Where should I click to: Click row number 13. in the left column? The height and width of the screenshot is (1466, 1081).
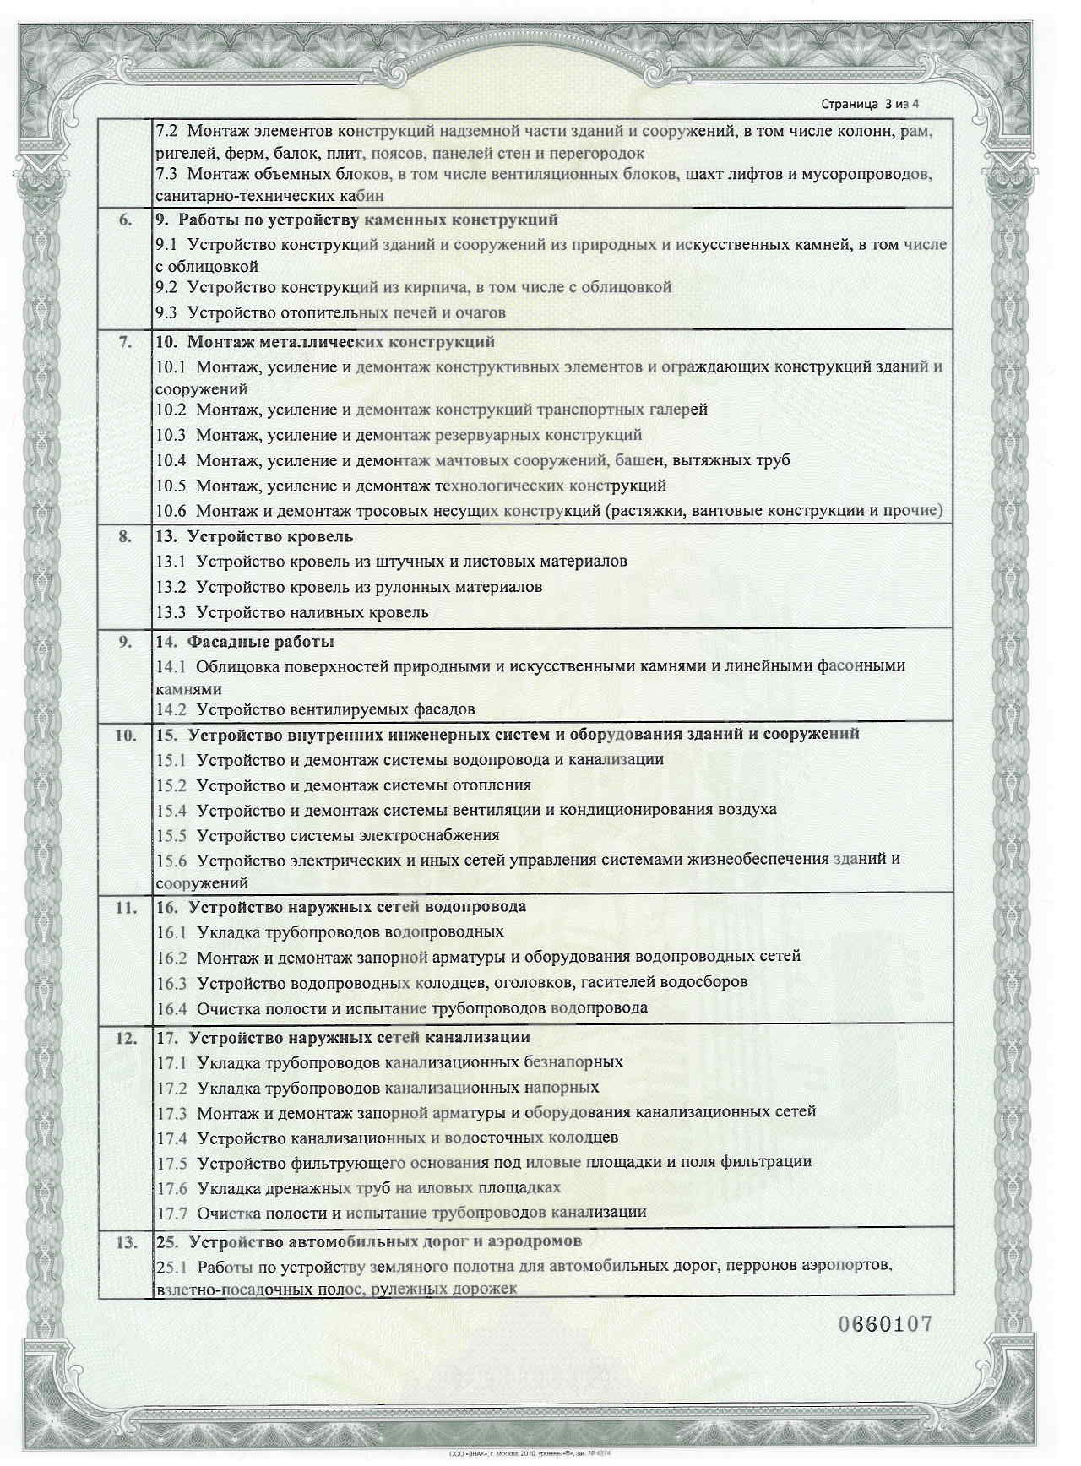pyautogui.click(x=125, y=1242)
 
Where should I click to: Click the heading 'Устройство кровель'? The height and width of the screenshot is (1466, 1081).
pyautogui.click(x=270, y=537)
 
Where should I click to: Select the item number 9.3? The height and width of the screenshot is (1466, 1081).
pyautogui.click(x=166, y=313)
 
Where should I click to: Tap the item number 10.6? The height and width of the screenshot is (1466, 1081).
pyautogui.click(x=171, y=511)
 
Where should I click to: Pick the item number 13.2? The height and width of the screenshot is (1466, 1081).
pyautogui.click(x=171, y=587)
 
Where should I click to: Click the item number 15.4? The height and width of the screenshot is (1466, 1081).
pyautogui.click(x=171, y=810)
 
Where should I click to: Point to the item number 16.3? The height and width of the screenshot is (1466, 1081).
pyautogui.click(x=171, y=983)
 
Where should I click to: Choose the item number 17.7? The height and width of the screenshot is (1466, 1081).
pyautogui.click(x=171, y=1213)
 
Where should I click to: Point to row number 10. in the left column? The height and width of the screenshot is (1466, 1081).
pyautogui.click(x=125, y=735)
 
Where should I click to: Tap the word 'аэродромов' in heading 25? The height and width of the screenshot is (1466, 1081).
pyautogui.click(x=533, y=1242)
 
